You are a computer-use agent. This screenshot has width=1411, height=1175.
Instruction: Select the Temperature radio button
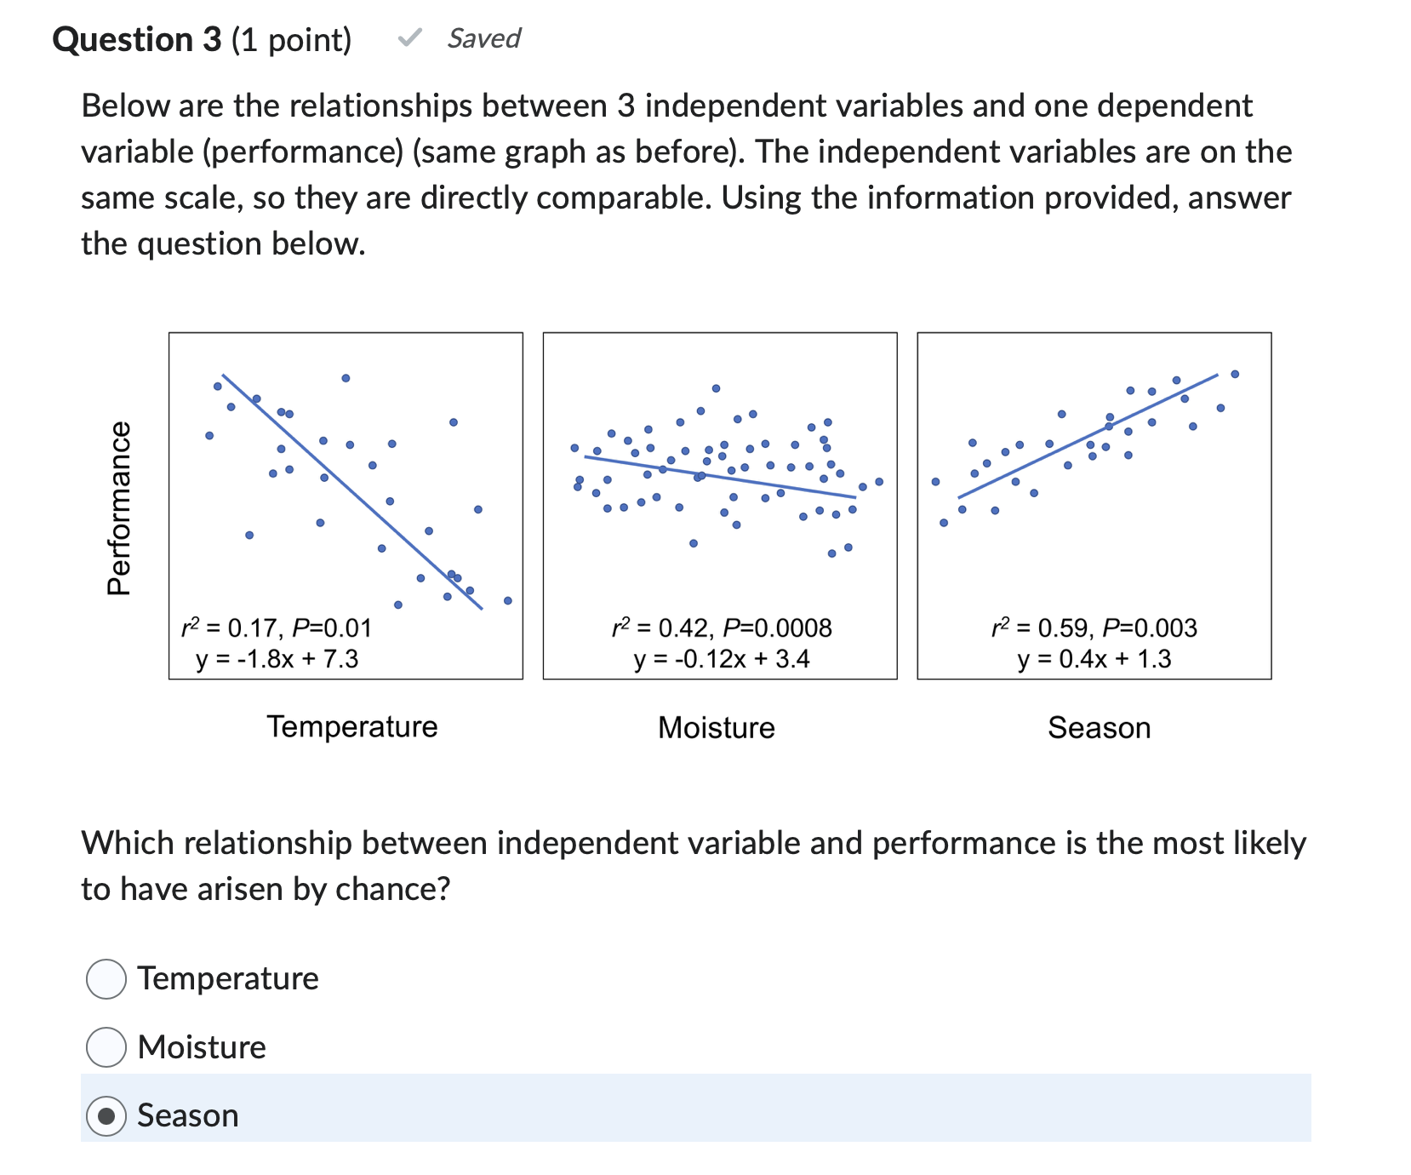pos(106,978)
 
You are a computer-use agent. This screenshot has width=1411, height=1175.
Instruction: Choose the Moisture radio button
pos(106,1046)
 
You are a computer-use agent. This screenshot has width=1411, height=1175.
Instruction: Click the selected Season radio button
pos(106,1115)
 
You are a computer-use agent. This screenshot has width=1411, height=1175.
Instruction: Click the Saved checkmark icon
pos(410,37)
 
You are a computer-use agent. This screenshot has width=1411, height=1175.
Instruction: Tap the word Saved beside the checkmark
pos(483,38)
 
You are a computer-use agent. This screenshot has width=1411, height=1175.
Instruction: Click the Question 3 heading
pos(136,39)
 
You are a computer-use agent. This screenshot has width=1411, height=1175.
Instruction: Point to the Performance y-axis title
pos(119,508)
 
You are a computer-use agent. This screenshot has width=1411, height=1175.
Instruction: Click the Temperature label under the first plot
pos(352,726)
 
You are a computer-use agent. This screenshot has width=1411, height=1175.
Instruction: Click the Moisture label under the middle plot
pos(717,728)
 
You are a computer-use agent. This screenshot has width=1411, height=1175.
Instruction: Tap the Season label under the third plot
pos(1099,728)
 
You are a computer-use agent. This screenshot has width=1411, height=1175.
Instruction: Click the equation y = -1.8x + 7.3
pos(277,659)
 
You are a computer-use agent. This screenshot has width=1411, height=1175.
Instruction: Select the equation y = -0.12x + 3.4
pos(722,659)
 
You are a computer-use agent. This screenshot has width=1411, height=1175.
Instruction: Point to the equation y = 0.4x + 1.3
pos(1094,659)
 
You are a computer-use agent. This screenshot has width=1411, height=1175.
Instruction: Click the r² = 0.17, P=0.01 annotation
pos(277,628)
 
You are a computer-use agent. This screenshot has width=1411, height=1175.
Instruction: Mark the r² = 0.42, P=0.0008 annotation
pos(722,628)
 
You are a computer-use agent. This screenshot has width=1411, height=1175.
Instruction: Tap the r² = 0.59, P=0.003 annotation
pos(1094,628)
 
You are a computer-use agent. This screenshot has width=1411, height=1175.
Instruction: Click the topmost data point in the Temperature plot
pos(346,378)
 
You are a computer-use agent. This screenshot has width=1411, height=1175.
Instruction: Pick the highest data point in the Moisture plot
pos(717,388)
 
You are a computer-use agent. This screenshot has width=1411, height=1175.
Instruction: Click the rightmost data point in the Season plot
pos(1235,374)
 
